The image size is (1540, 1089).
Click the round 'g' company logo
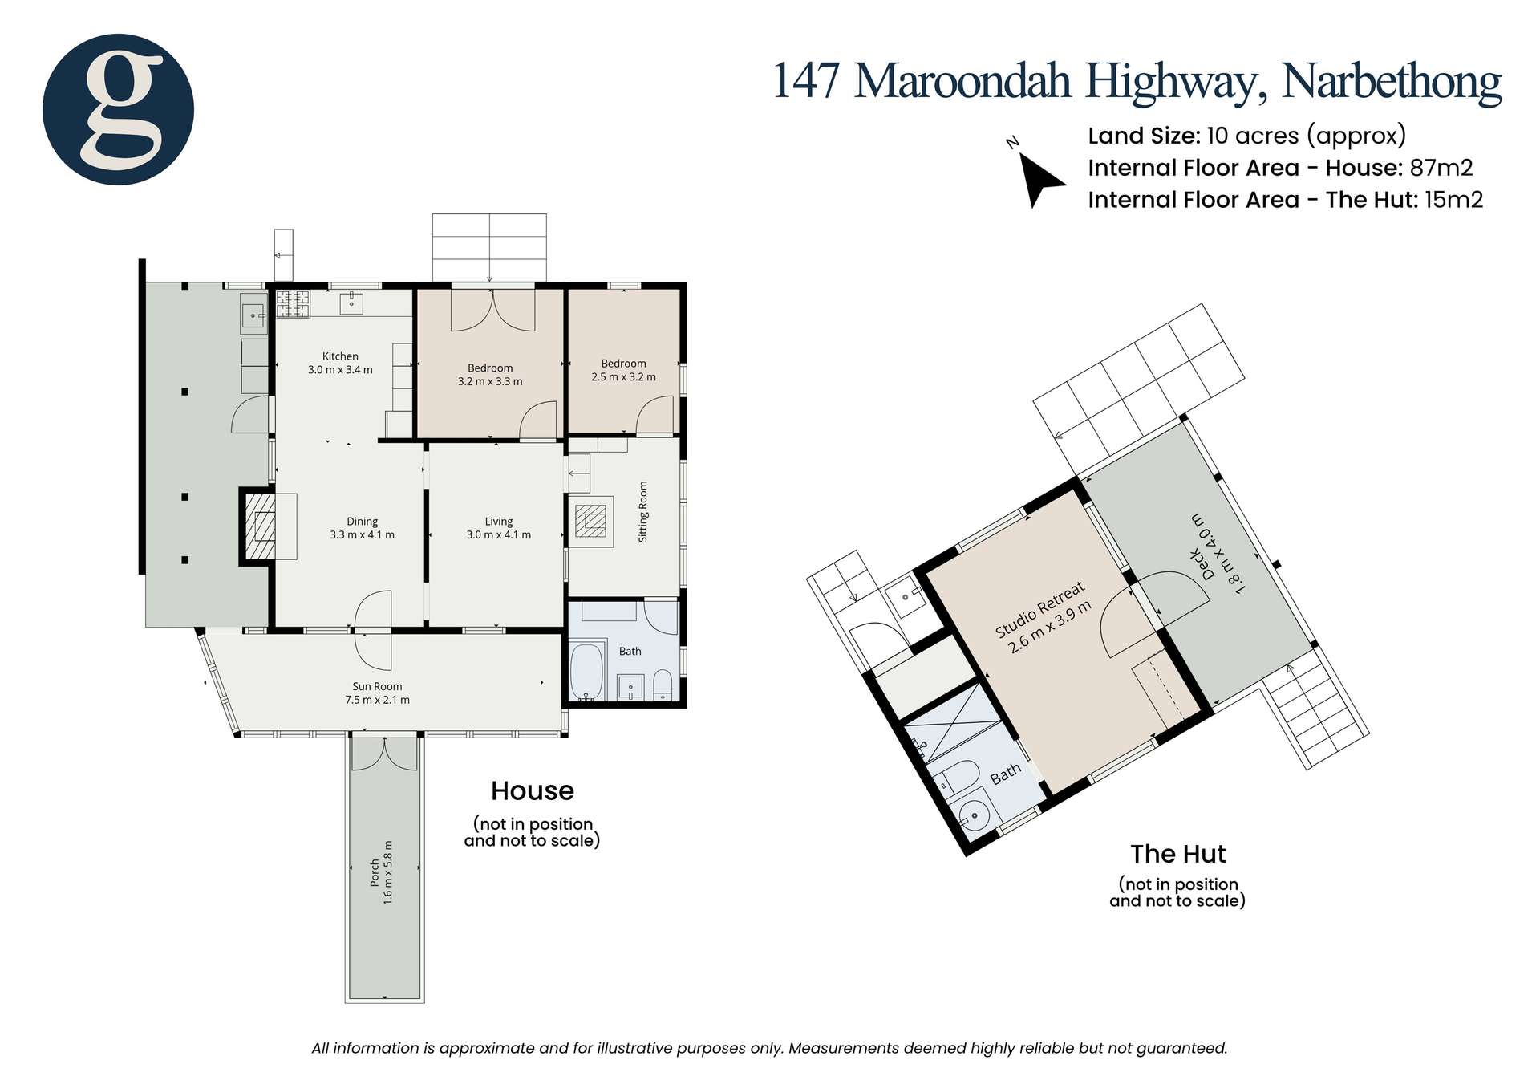(118, 110)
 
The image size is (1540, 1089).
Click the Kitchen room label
(340, 363)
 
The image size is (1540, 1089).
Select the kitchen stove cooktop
(293, 304)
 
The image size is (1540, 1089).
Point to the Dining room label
(362, 528)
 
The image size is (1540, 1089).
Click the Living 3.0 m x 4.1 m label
(498, 528)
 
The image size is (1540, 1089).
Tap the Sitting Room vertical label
(643, 511)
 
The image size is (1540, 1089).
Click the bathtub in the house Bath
(589, 671)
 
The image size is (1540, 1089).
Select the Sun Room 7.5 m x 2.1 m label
(377, 693)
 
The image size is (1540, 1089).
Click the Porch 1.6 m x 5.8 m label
(381, 872)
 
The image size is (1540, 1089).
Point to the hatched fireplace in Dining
(258, 526)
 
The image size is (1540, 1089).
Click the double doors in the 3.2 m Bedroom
(492, 310)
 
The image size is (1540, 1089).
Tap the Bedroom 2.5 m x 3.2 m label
(623, 370)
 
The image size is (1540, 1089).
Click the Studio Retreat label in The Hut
(1044, 616)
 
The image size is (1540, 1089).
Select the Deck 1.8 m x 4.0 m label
(1213, 555)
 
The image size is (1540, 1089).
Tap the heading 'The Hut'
(1177, 853)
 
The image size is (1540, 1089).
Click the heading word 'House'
(532, 791)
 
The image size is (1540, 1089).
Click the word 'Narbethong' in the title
(1392, 82)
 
